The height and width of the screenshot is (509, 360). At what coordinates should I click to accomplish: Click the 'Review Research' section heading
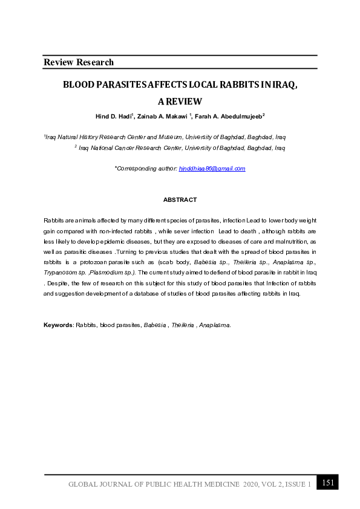coord(79,62)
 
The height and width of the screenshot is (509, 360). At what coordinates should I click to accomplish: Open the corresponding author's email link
coord(212,169)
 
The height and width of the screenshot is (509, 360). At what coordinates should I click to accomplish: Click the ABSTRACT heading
coord(180,199)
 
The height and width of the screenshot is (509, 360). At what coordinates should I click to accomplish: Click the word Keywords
coord(58,325)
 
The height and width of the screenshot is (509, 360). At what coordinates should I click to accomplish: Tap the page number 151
coord(328,482)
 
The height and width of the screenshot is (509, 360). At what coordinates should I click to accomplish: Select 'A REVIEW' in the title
coord(180,102)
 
